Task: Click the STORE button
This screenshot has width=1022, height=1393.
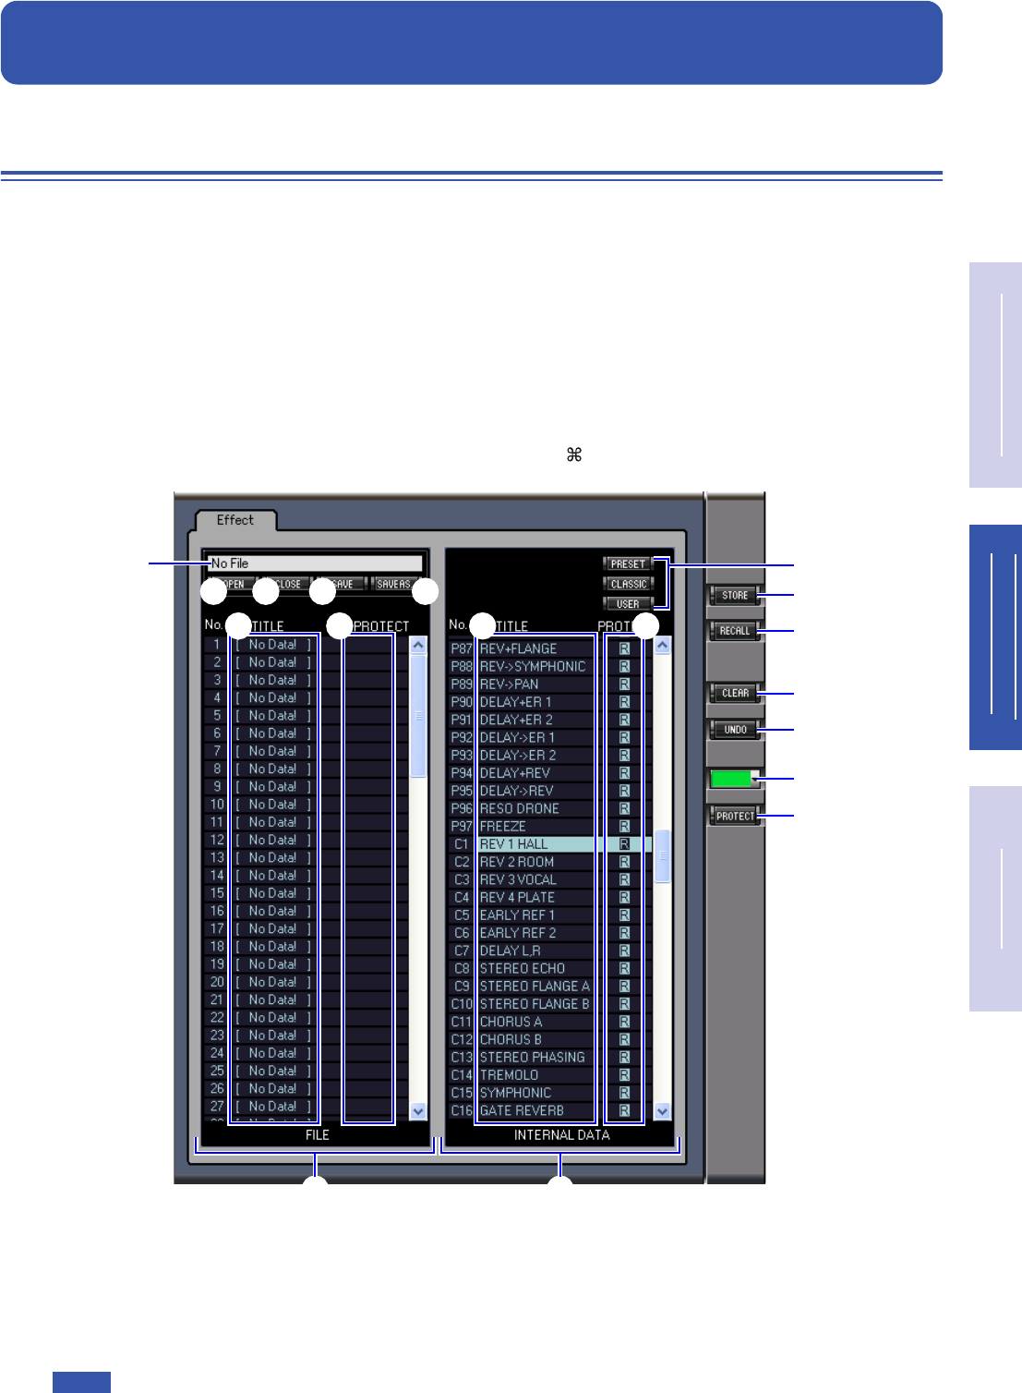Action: pos(735,596)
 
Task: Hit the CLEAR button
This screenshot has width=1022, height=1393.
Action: pos(735,693)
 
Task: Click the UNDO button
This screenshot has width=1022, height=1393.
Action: pos(735,730)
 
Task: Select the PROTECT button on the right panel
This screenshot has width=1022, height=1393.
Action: pos(735,817)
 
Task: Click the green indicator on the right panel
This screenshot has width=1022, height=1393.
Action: pos(732,779)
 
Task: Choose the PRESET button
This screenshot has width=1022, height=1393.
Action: pos(628,563)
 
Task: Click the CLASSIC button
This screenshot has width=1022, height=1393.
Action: pos(628,584)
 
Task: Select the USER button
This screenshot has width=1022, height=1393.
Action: pos(628,604)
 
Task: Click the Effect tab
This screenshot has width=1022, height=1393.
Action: pos(235,520)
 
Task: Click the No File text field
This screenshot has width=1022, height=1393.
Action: pos(315,563)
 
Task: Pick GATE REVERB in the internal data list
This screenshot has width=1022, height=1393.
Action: pos(522,1110)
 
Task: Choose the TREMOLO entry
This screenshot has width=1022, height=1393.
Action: pos(509,1075)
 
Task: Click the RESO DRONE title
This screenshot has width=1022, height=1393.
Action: pos(519,808)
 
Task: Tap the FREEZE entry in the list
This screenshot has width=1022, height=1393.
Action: pos(503,827)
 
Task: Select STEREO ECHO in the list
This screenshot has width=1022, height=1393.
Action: pos(523,968)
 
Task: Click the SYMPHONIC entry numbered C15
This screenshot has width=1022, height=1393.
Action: pos(515,1093)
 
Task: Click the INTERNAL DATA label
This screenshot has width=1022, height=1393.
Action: pos(561,1135)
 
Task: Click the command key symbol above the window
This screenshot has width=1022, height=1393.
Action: pos(574,454)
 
